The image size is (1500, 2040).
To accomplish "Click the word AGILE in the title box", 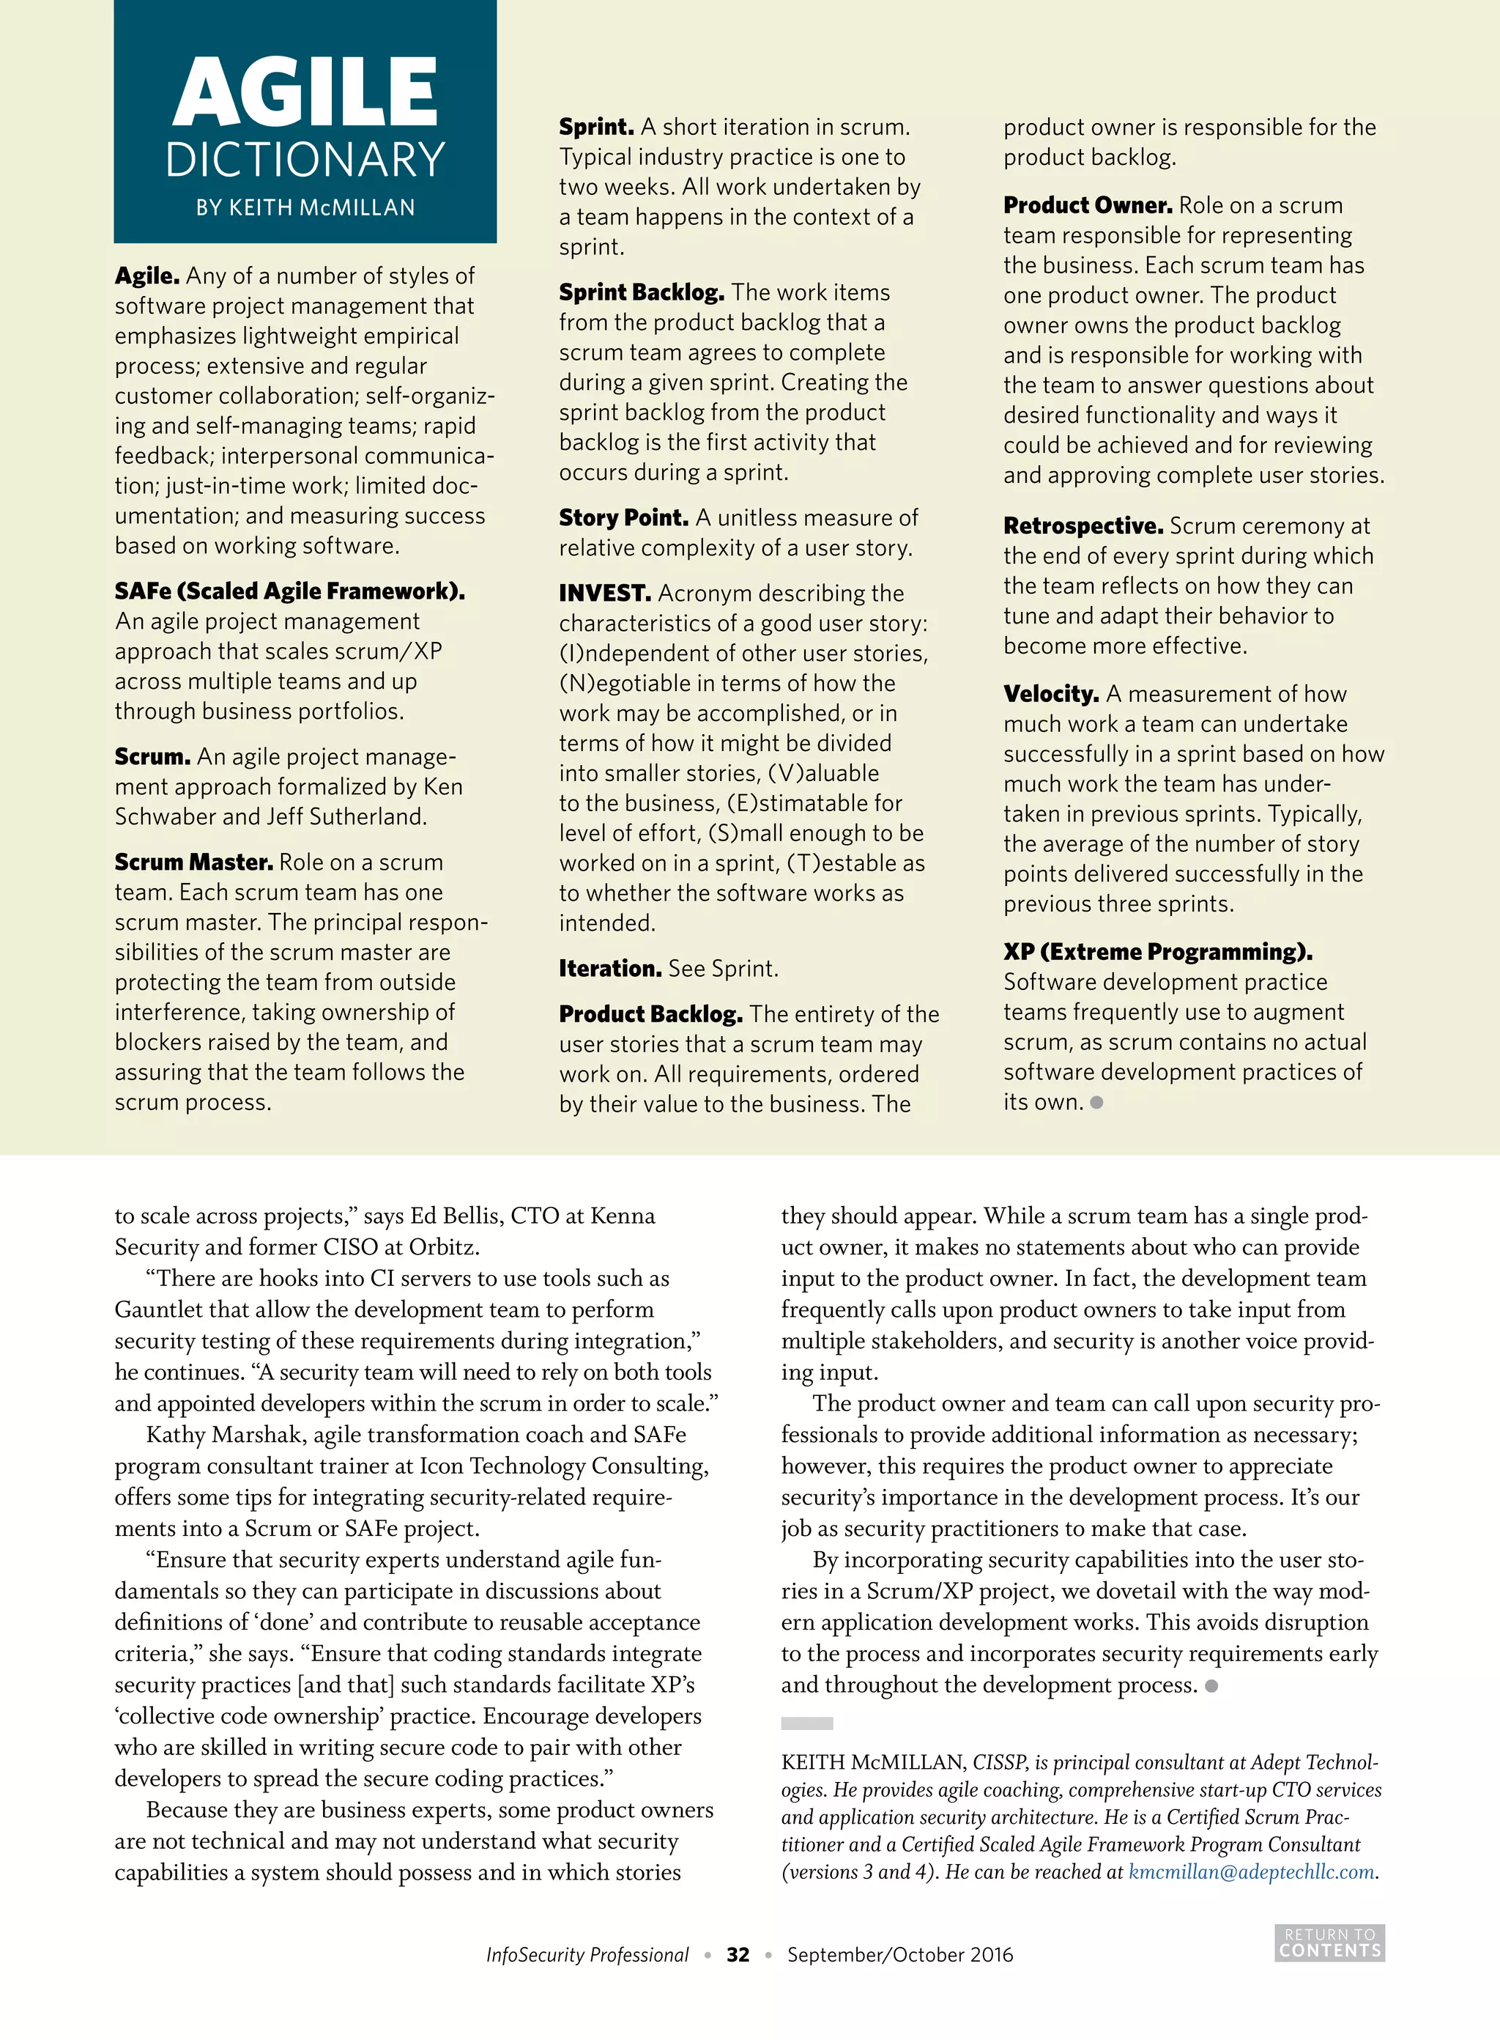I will pyautogui.click(x=305, y=92).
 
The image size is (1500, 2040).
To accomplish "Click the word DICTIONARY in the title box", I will pyautogui.click(x=305, y=160).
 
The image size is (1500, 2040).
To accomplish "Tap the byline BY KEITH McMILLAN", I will pyautogui.click(x=305, y=208).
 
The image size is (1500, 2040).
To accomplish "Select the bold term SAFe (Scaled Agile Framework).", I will pyautogui.click(x=289, y=591).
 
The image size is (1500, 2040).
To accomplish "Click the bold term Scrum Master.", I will pyautogui.click(x=193, y=862).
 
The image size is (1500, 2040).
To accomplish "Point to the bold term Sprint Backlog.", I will pyautogui.click(x=641, y=292).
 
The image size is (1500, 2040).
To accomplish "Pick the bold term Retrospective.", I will pyautogui.click(x=1083, y=526).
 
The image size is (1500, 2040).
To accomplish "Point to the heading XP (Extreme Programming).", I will pyautogui.click(x=1158, y=952).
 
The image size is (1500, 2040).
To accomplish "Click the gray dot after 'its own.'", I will pyautogui.click(x=1097, y=1103).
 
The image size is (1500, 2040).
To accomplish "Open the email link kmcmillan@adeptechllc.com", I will pyautogui.click(x=1250, y=1872).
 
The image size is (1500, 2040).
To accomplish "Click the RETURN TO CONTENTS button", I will pyautogui.click(x=1329, y=1943).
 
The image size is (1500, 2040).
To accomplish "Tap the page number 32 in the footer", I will pyautogui.click(x=738, y=1954).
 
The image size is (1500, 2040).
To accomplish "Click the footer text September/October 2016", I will pyautogui.click(x=900, y=1954).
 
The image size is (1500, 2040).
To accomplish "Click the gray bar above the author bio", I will pyautogui.click(x=806, y=1723).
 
